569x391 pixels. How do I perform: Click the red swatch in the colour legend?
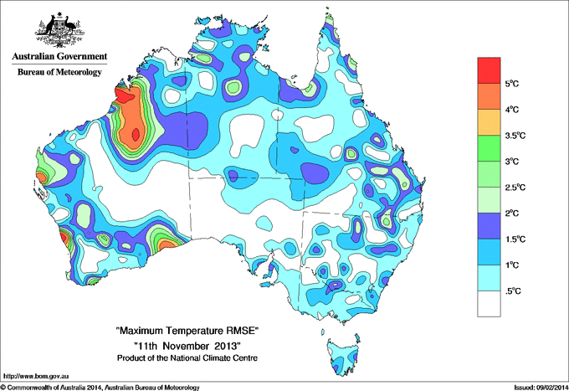pyautogui.click(x=489, y=70)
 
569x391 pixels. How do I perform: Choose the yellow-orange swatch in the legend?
pyautogui.click(x=489, y=122)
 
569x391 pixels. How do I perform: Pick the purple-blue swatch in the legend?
pyautogui.click(x=489, y=226)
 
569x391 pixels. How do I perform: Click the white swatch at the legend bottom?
pyautogui.click(x=489, y=303)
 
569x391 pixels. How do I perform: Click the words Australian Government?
pyautogui.click(x=59, y=57)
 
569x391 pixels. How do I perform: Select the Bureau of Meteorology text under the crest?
pyautogui.click(x=59, y=73)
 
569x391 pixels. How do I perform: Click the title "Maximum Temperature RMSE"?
pyautogui.click(x=187, y=332)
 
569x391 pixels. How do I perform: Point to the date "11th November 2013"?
pyautogui.click(x=187, y=346)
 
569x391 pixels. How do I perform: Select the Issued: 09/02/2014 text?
pyautogui.click(x=538, y=386)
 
